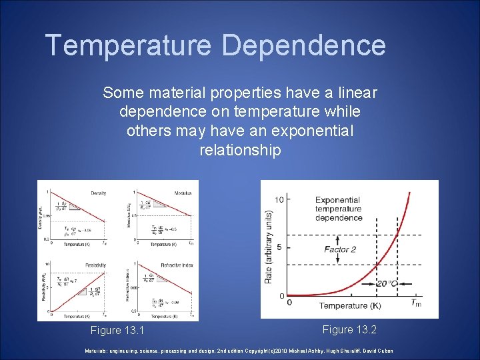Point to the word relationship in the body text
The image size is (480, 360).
[240, 150]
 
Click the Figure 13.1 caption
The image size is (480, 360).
[117, 331]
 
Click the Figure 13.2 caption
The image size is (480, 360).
[349, 329]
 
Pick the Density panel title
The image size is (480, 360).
[98, 193]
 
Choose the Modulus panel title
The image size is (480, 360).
[182, 193]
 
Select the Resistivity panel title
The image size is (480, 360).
[95, 265]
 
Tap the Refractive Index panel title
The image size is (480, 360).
[178, 265]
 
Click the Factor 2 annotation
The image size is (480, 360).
[341, 249]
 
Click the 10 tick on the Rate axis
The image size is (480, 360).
[280, 199]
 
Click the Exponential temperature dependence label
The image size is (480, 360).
[339, 209]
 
